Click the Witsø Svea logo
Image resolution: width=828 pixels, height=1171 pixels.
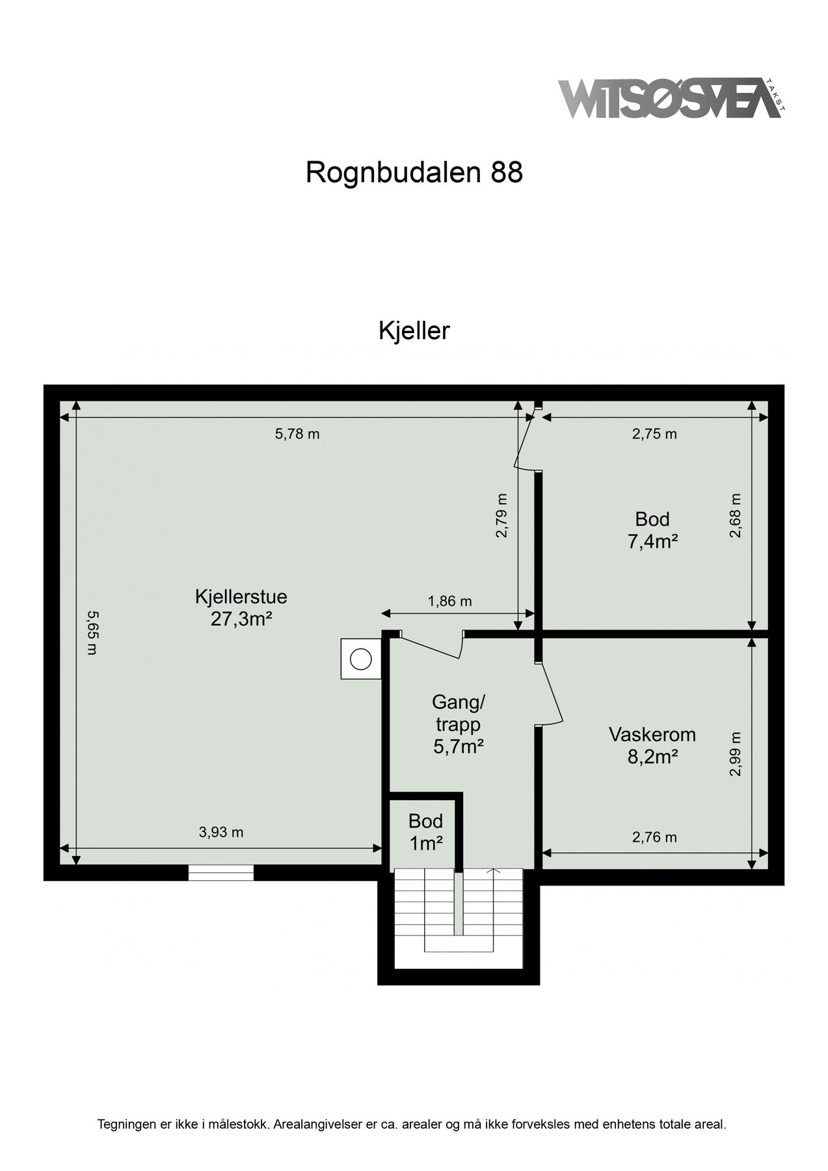pyautogui.click(x=671, y=99)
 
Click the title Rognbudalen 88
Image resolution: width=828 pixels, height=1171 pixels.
pyautogui.click(x=414, y=172)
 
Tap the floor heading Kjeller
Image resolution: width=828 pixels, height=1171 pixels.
pyautogui.click(x=414, y=331)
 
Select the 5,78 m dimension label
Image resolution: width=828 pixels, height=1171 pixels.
pyautogui.click(x=297, y=434)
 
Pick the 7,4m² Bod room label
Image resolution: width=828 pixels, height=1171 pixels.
pyautogui.click(x=652, y=530)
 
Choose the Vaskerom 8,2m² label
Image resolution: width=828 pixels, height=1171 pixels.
pyautogui.click(x=652, y=746)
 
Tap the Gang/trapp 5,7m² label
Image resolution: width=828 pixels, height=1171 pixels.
pyautogui.click(x=458, y=724)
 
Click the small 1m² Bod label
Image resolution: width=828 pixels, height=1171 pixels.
pyautogui.click(x=426, y=832)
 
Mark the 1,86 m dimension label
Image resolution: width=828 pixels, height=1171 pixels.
pyautogui.click(x=449, y=601)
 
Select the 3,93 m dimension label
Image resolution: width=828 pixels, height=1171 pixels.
pyautogui.click(x=221, y=832)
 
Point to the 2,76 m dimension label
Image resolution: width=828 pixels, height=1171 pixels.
pyautogui.click(x=654, y=837)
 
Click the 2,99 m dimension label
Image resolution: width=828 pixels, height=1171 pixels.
pyautogui.click(x=736, y=754)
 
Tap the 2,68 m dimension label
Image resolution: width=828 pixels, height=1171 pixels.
pyautogui.click(x=736, y=515)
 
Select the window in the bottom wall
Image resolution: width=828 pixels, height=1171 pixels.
pyautogui.click(x=221, y=872)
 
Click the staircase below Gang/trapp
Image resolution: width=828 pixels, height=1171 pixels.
pyautogui.click(x=459, y=911)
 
